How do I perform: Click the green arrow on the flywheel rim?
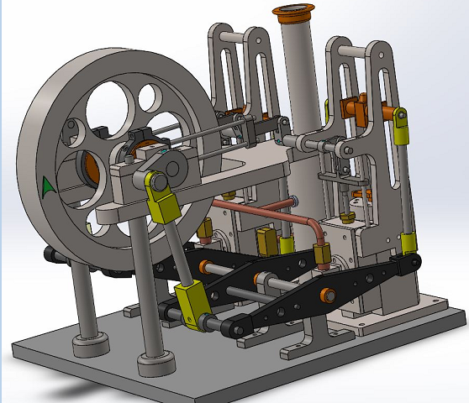[x=48, y=186]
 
